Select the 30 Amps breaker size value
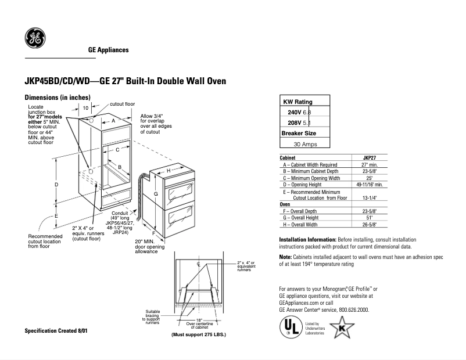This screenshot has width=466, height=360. pyautogui.click(x=305, y=144)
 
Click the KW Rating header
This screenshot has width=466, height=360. pyautogui.click(x=297, y=101)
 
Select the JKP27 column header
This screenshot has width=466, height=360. pyautogui.click(x=370, y=157)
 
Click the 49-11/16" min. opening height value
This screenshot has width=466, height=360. pyautogui.click(x=370, y=184)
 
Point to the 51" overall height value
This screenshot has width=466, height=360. pyautogui.click(x=370, y=218)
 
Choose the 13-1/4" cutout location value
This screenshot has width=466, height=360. pyautogui.click(x=370, y=197)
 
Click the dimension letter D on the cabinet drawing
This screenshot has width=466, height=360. pyautogui.click(x=56, y=185)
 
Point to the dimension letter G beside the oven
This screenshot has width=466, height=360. pyautogui.click(x=156, y=194)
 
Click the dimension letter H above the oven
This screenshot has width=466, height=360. pyautogui.click(x=169, y=171)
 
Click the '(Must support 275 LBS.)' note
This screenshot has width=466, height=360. pyautogui.click(x=198, y=336)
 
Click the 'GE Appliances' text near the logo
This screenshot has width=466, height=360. pyautogui.click(x=108, y=51)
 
